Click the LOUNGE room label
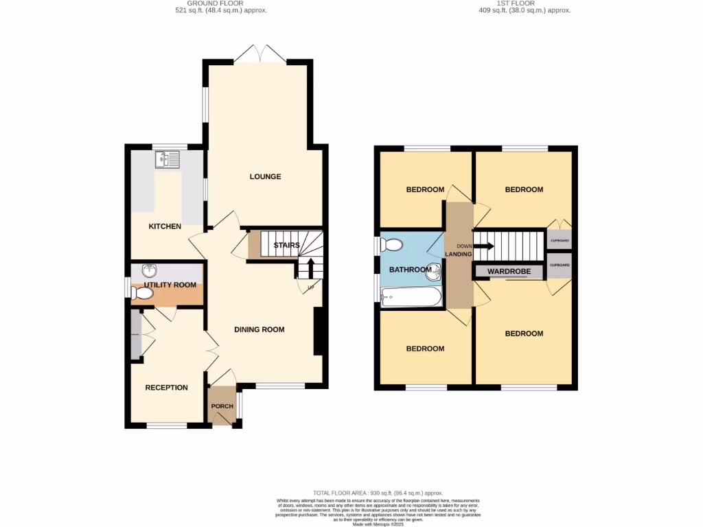click(265, 176)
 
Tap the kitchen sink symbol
click(167, 160)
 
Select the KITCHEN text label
click(165, 226)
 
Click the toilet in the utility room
click(142, 294)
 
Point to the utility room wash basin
click(148, 270)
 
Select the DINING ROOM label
click(259, 329)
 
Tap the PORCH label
click(222, 406)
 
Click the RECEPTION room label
click(166, 388)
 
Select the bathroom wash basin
click(433, 270)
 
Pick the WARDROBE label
click(509, 272)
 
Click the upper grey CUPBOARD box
click(559, 241)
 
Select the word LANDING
click(458, 254)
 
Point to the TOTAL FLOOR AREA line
click(378, 493)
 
